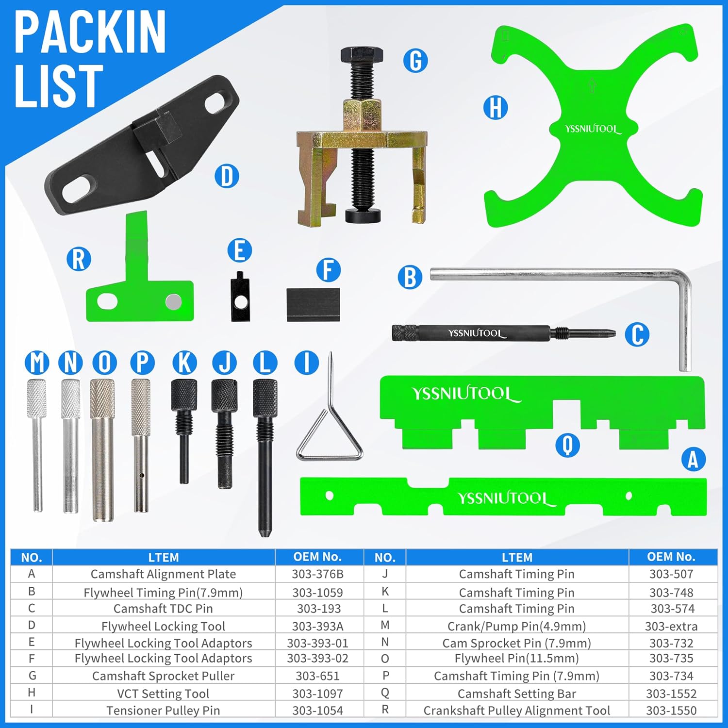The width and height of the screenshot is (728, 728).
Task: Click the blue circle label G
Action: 415,61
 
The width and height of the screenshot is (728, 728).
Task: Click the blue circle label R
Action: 79,259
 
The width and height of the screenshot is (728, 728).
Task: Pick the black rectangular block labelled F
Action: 313,305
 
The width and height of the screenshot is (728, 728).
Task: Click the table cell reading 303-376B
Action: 318,574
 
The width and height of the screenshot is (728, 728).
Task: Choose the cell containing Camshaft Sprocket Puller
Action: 164,676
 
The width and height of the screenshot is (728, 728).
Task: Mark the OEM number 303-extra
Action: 671,626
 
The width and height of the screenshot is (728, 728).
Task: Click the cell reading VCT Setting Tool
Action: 164,694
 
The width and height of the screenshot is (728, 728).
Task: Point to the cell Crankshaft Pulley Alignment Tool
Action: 517,710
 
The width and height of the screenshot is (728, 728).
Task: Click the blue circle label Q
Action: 567,445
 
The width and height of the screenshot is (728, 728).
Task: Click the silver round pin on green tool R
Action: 173,301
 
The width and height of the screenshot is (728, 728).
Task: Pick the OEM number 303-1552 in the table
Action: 671,694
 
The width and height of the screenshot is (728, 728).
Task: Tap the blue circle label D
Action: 227,176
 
